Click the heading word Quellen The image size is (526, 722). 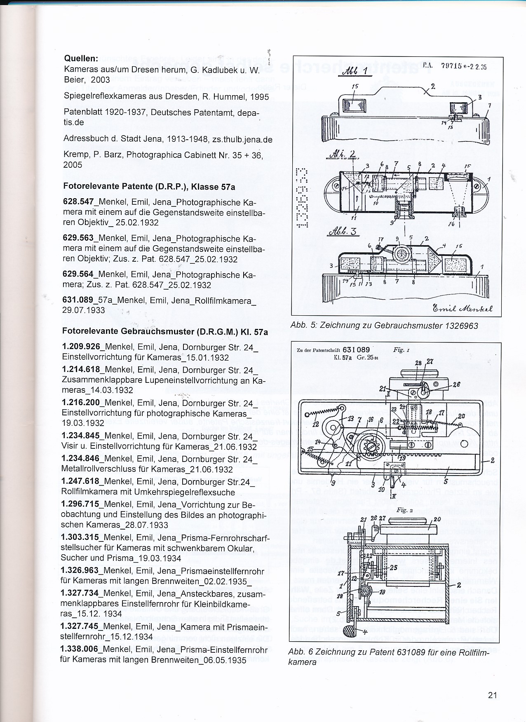(81, 59)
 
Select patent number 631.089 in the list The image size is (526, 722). (78, 300)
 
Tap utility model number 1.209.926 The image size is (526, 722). (80, 347)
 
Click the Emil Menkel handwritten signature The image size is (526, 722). (463, 309)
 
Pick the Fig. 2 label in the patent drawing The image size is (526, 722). (402, 510)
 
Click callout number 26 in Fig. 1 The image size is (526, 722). (456, 384)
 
